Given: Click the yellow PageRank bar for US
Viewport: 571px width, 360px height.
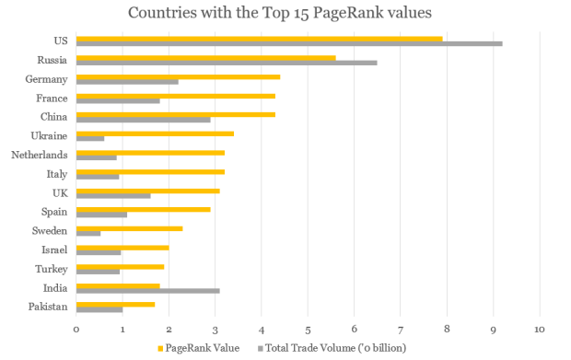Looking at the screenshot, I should [x=259, y=39].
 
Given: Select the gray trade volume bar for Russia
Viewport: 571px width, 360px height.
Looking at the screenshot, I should [x=227, y=63].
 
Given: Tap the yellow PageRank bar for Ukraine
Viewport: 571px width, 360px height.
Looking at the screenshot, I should [x=155, y=134].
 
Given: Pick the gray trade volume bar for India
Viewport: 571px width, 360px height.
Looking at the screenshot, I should [x=147, y=291].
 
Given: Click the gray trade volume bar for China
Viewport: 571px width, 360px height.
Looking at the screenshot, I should [x=143, y=119].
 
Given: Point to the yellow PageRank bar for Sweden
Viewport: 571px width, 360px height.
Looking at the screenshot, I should [x=129, y=228].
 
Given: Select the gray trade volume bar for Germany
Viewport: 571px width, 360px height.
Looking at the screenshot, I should [x=127, y=81].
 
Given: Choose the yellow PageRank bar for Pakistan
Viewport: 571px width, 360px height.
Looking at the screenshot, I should [x=115, y=304].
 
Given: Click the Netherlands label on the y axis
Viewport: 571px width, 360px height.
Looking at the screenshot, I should [x=39, y=155].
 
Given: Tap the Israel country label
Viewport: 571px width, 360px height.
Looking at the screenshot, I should [x=54, y=250].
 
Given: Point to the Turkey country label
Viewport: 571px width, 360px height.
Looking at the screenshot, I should [x=53, y=269].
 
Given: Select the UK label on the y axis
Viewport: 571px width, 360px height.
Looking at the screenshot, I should [x=59, y=192].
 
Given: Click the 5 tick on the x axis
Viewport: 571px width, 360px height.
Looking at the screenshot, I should [x=308, y=328].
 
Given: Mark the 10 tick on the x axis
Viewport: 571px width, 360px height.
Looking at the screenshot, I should [x=539, y=328].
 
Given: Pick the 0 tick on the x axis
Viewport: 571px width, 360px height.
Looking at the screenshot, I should [x=76, y=328].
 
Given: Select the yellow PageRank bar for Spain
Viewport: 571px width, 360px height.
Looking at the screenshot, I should [x=143, y=209].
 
